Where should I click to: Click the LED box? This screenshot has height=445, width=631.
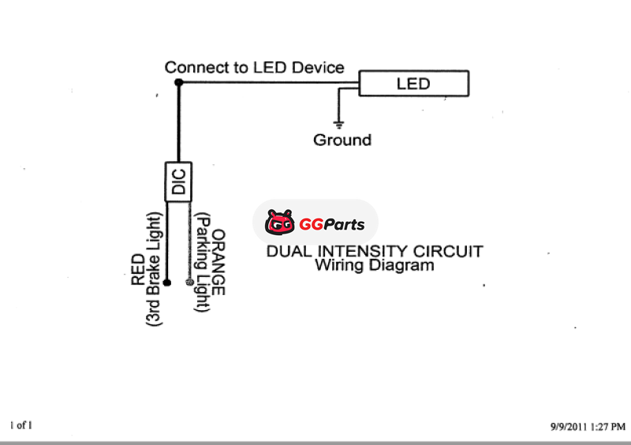point(413,83)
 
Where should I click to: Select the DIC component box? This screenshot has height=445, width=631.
point(179,181)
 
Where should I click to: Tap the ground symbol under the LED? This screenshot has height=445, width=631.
point(339,123)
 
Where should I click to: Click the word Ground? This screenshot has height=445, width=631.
point(342,140)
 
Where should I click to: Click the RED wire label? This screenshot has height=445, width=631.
point(137,269)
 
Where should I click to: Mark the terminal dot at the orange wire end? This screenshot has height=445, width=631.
point(189,282)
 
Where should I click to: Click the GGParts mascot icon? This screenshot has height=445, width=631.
point(279,223)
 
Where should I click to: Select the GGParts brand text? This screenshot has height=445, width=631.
point(332,224)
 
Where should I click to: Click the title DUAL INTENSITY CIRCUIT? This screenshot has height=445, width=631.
point(375,252)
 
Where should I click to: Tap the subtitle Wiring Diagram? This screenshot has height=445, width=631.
point(375,266)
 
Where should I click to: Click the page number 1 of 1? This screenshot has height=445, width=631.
point(21,425)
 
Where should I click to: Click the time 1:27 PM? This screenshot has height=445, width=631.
point(608,426)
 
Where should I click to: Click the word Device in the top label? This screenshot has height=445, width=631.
point(318,67)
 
